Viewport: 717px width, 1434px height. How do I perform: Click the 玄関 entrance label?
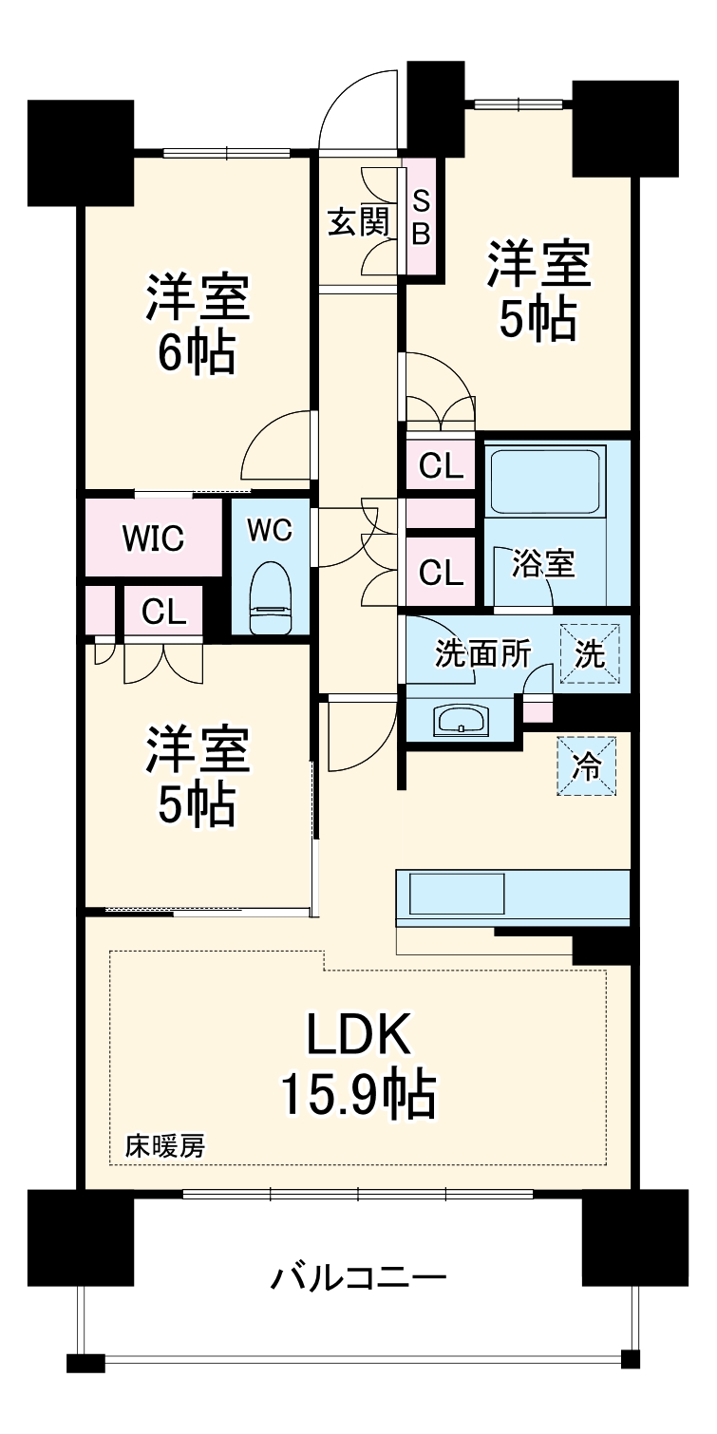click(x=359, y=222)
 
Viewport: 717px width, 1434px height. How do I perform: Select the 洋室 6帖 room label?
click(x=198, y=325)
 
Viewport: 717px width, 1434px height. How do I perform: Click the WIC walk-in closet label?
click(x=154, y=538)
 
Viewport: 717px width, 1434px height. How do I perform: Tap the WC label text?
click(x=270, y=530)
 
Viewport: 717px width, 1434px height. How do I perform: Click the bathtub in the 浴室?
click(x=545, y=481)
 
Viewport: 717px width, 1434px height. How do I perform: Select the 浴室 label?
click(x=543, y=563)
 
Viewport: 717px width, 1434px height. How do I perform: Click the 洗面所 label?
click(x=483, y=654)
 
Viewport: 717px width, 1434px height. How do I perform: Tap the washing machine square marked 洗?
click(x=590, y=654)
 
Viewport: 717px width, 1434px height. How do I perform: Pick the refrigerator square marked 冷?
click(x=586, y=766)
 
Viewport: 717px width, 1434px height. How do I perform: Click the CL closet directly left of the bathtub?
click(x=441, y=466)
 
